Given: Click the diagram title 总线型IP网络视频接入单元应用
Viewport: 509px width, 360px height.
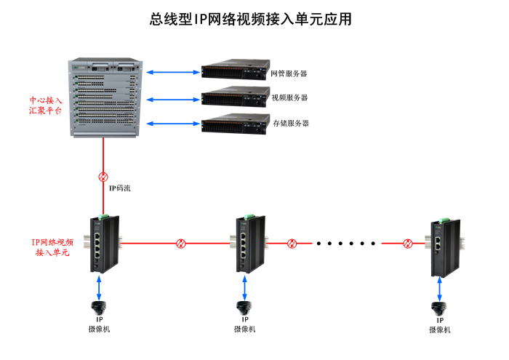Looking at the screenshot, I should (x=251, y=20).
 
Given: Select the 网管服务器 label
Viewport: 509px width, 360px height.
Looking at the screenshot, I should (x=289, y=73).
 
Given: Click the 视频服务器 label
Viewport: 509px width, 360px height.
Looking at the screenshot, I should (x=289, y=98).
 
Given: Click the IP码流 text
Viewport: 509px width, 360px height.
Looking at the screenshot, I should (x=119, y=188).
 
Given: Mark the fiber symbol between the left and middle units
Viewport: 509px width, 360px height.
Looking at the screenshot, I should (x=181, y=243).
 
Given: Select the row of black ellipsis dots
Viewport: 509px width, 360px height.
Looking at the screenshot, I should (x=348, y=243).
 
